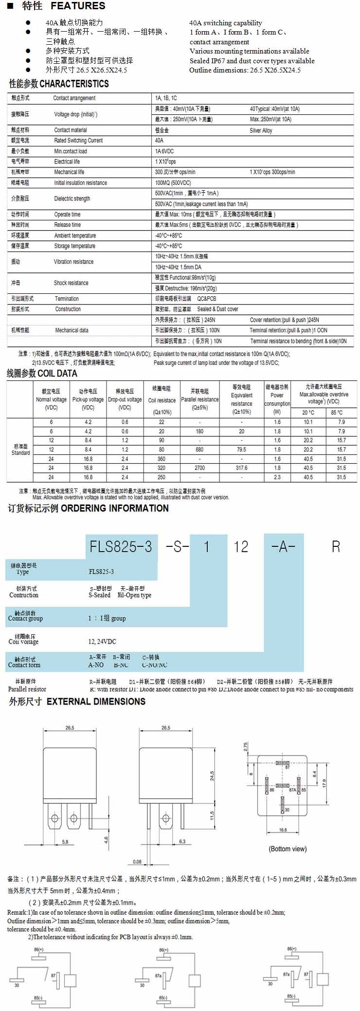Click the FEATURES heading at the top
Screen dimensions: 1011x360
point(78,6)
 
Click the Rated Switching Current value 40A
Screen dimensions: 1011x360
point(159,141)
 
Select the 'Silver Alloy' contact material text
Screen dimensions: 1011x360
point(261,130)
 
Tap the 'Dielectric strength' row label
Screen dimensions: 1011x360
point(72,199)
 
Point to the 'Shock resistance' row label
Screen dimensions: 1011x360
point(71,283)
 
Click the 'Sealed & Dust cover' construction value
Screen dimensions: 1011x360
point(217,309)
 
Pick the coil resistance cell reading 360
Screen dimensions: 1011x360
point(162,459)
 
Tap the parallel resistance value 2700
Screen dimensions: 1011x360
point(199,468)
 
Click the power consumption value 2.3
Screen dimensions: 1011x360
point(277,477)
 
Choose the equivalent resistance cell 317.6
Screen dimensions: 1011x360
point(241,468)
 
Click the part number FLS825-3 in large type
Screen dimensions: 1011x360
point(121,546)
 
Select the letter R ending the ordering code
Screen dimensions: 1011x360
point(336,546)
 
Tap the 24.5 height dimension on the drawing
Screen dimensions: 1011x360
point(212,776)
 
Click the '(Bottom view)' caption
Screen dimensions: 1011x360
point(288,849)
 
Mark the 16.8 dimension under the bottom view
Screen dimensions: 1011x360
point(283,830)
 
